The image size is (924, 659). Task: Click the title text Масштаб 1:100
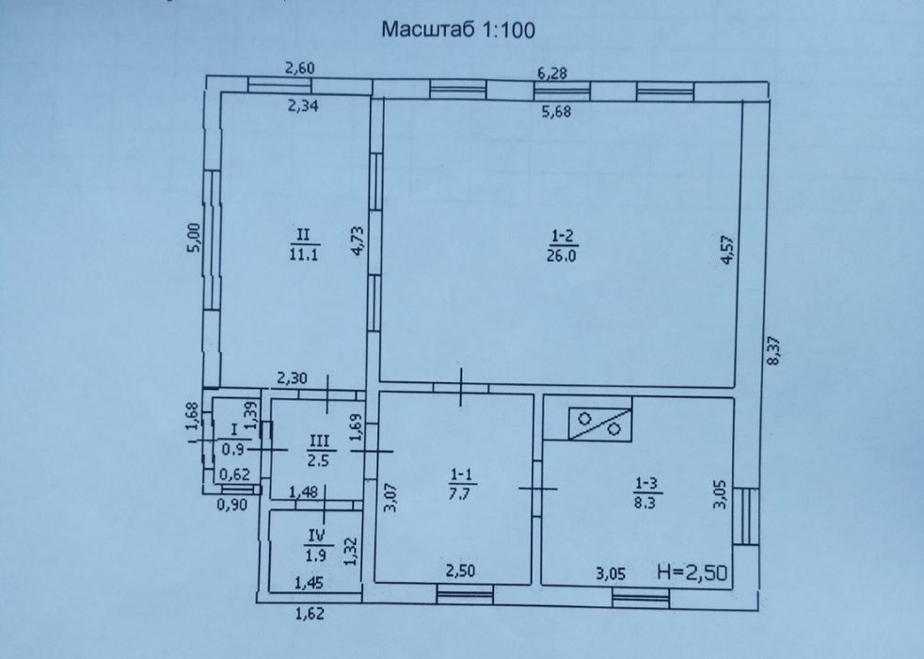[x=458, y=29]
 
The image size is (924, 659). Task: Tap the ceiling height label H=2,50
[x=693, y=571]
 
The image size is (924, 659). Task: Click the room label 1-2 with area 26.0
[x=562, y=245]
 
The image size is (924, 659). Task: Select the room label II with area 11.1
[x=304, y=244]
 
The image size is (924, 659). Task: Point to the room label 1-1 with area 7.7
[x=460, y=483]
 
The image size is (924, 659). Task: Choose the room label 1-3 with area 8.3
[x=645, y=492]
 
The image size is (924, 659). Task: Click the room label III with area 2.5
[x=319, y=450]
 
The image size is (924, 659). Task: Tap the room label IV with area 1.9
[x=317, y=545]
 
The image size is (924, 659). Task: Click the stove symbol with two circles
[x=600, y=424]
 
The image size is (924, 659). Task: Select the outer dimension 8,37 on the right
[x=773, y=350]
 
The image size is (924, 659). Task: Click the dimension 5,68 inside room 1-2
[x=556, y=111]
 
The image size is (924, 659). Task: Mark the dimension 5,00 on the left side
[x=194, y=237]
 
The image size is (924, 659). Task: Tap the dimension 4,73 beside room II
[x=358, y=240]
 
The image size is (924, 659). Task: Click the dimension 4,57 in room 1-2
[x=727, y=249]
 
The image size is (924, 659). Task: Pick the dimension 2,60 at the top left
[x=300, y=68]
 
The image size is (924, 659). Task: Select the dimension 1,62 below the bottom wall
[x=310, y=614]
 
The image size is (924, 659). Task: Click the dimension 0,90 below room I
[x=231, y=505]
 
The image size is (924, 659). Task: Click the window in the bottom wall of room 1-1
[x=465, y=594]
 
